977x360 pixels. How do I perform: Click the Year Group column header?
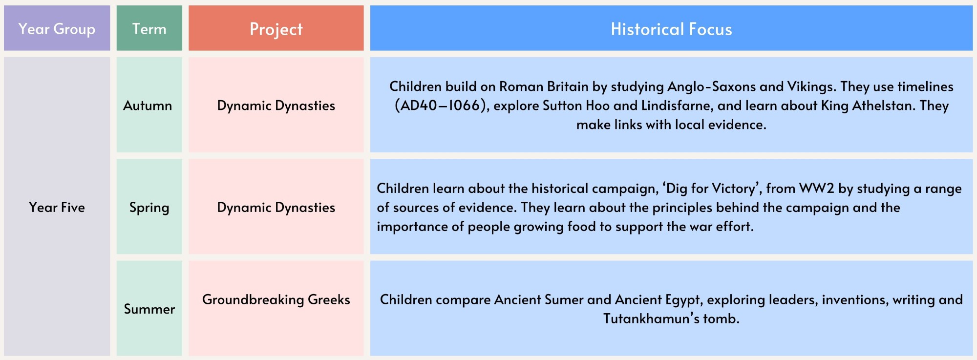pyautogui.click(x=57, y=28)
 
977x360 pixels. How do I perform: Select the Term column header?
pyautogui.click(x=149, y=28)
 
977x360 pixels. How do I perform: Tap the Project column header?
pyautogui.click(x=276, y=28)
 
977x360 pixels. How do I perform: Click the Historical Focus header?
pyautogui.click(x=671, y=28)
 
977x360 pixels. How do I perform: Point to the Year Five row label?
pyautogui.click(x=57, y=207)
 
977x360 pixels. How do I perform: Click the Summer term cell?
pyautogui.click(x=149, y=309)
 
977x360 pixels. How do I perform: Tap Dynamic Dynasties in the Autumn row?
pyautogui.click(x=276, y=106)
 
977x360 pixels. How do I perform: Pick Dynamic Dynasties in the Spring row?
pyautogui.click(x=276, y=208)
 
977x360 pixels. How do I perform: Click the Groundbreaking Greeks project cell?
pyautogui.click(x=276, y=299)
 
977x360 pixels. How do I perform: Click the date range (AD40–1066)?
pyautogui.click(x=442, y=106)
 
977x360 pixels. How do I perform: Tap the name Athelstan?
pyautogui.click(x=884, y=106)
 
